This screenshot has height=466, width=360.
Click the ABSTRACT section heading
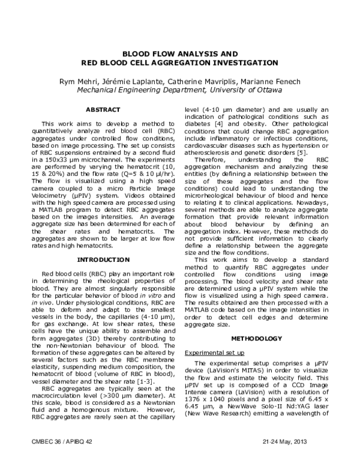tap(103, 110)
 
